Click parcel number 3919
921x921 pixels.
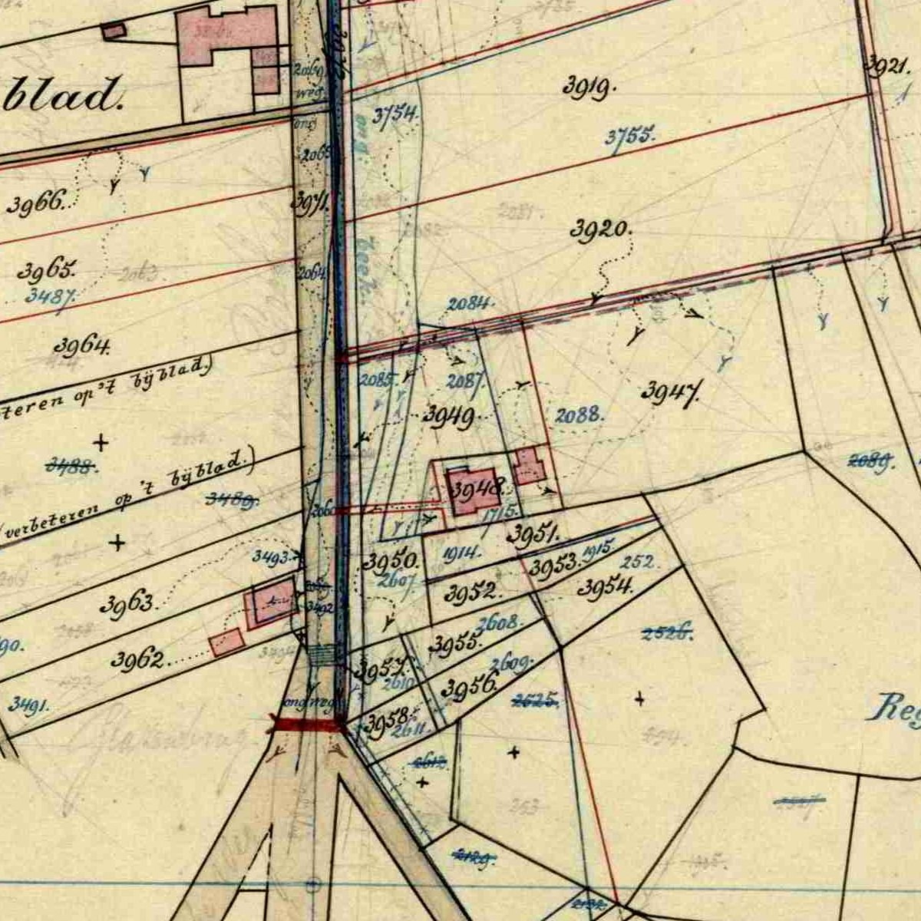[589, 87]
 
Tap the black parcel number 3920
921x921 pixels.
[601, 229]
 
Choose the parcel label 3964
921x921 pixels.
[81, 345]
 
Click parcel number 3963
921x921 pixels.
[128, 604]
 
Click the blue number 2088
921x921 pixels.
[579, 415]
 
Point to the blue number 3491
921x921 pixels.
[29, 704]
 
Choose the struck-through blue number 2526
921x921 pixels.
[667, 633]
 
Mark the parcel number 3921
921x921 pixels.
[887, 66]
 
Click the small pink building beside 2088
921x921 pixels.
[529, 466]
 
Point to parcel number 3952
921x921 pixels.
[472, 593]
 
